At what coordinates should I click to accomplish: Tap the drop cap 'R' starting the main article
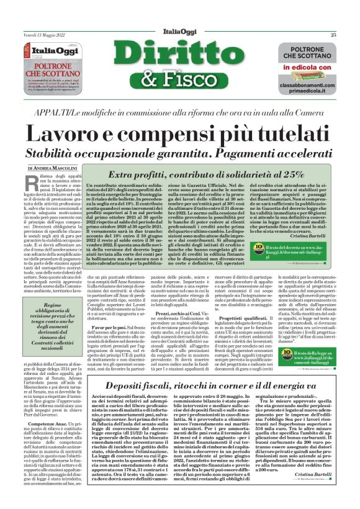click(x=34, y=183)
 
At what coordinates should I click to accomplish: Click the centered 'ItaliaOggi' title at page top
click(x=179, y=34)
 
